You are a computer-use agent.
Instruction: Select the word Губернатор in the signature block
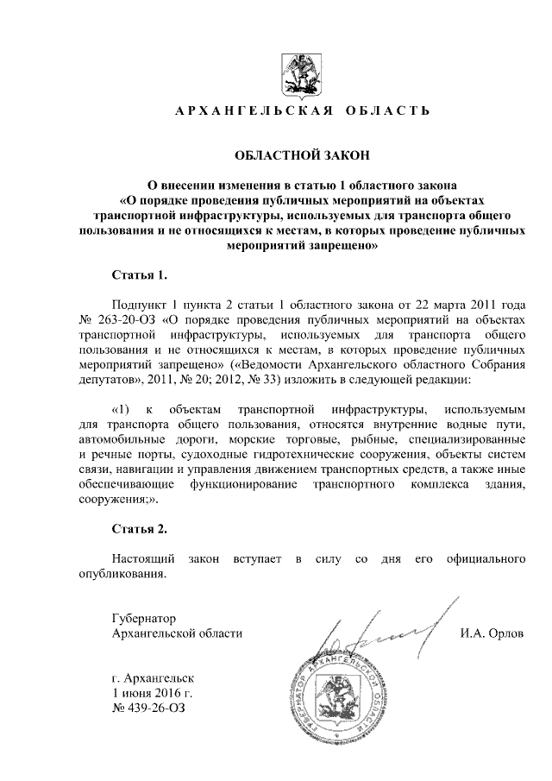click(144, 618)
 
